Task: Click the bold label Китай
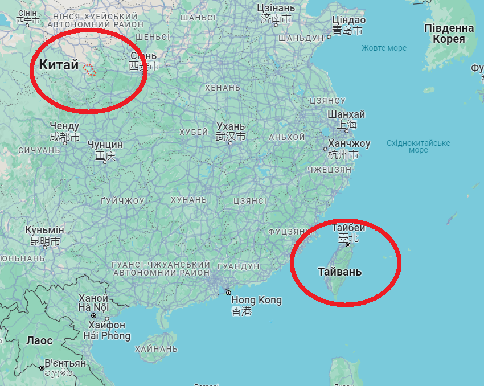pos(59,65)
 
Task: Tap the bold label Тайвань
pos(339,272)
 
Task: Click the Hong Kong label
pos(256,300)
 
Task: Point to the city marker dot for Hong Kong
pos(228,293)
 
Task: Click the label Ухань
pos(231,126)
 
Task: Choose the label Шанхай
pos(346,114)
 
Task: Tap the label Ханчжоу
pos(349,143)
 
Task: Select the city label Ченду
pos(64,126)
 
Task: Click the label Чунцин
pos(105,145)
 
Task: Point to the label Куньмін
pos(44,230)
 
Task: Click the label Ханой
pos(93,298)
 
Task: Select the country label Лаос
pos(39,341)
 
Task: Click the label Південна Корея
pos(449,34)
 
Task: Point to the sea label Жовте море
pos(384,48)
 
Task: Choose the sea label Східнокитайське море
pos(418,146)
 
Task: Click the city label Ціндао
pos(348,20)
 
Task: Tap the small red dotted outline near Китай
pos(89,69)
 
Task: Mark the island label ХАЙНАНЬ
pos(156,348)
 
